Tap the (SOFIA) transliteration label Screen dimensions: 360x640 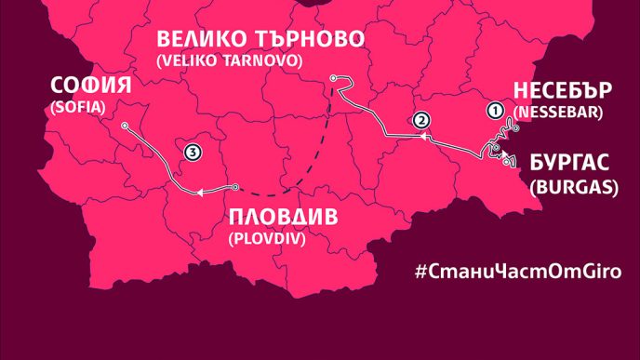[x=75, y=108]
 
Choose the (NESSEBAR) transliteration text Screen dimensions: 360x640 [x=558, y=112]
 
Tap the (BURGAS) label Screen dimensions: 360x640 [x=574, y=185]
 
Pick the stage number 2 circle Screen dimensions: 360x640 [x=420, y=120]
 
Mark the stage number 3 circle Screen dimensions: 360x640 [x=192, y=152]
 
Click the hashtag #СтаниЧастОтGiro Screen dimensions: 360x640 [x=517, y=272]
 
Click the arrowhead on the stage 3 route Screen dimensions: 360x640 [x=198, y=193]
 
